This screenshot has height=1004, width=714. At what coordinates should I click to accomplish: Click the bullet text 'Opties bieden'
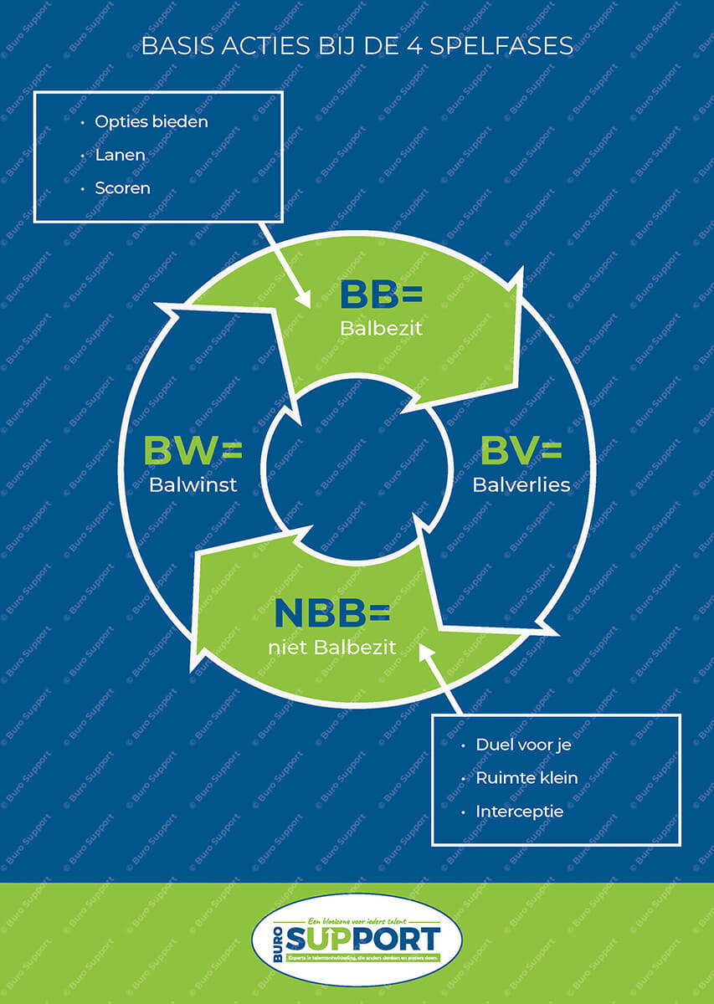152,121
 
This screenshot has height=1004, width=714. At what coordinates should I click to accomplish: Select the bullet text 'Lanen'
121,155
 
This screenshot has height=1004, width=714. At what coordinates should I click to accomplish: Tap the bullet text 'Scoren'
123,188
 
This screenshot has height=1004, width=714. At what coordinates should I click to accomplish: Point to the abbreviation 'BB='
381,295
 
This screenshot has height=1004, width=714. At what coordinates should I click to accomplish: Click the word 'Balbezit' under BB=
381,329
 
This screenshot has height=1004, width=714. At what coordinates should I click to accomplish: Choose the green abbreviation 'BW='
193,450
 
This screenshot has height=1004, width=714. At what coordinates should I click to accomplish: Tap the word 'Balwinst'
193,484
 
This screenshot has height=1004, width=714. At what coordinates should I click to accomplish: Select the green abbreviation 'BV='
521,450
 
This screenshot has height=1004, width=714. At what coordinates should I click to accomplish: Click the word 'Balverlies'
521,484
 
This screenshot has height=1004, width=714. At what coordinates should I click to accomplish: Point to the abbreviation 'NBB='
332,612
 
